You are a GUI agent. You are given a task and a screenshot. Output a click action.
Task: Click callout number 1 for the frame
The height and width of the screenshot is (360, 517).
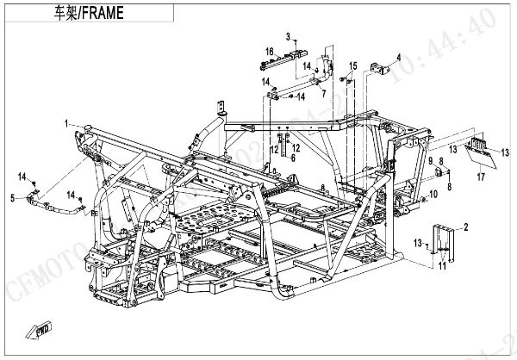(x=65, y=124)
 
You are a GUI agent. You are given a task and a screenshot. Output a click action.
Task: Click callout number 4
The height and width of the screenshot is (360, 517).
(x=398, y=58)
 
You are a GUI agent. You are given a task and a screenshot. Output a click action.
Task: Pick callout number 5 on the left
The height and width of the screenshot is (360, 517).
(x=12, y=199)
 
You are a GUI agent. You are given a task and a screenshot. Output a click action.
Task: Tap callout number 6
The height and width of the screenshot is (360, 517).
(x=292, y=158)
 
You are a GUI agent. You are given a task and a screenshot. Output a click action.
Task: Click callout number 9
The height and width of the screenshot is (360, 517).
(x=430, y=161)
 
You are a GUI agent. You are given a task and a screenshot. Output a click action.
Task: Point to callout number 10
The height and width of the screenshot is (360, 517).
(x=433, y=195)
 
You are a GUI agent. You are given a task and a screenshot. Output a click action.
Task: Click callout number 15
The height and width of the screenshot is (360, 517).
(x=352, y=65)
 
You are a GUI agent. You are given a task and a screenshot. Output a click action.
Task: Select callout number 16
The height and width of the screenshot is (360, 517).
(x=268, y=52)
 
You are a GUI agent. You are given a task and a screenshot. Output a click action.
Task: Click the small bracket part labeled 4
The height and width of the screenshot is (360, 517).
(x=378, y=69)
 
